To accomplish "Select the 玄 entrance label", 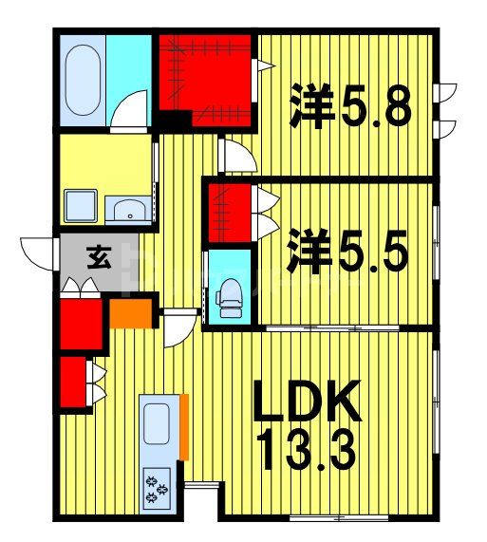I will coord(97,257).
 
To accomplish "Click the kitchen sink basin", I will coord(157,422).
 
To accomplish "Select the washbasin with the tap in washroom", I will coord(126,209).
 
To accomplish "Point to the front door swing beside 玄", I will coord(36,252).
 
